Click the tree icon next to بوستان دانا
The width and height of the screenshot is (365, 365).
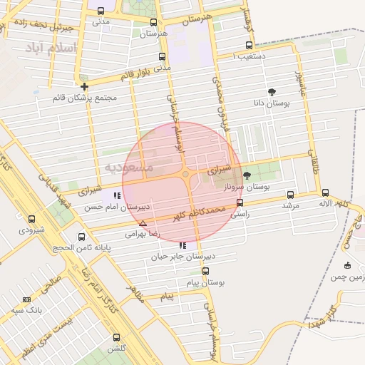[272, 92]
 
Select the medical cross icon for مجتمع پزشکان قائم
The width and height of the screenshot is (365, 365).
[84, 86]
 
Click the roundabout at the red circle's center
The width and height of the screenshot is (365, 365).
[185, 174]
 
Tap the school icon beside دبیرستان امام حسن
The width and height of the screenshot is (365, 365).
[116, 196]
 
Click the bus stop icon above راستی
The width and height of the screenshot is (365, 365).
[239, 202]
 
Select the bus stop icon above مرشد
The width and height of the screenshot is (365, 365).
[290, 194]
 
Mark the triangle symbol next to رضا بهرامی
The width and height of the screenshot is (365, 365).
[143, 223]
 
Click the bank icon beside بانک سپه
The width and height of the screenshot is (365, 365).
[27, 300]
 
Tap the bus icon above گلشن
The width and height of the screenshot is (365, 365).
[116, 337]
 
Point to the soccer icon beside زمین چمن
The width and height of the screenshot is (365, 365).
[347, 266]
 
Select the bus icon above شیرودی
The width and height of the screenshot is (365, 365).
[30, 220]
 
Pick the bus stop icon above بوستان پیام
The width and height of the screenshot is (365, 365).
[206, 272]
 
